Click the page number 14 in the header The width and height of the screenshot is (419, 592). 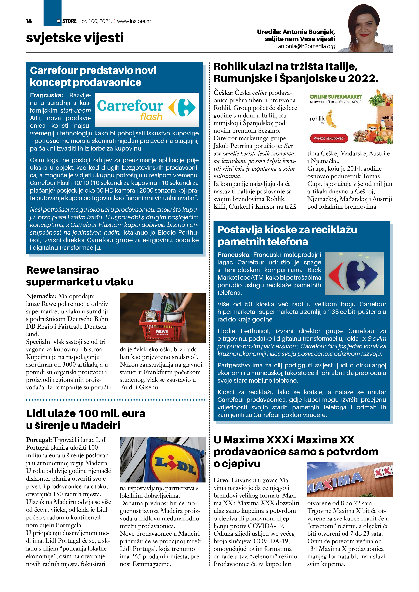pyautogui.click(x=29, y=21)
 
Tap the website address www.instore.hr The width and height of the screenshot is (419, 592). pyautogui.click(x=134, y=21)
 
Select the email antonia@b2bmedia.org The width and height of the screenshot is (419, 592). pyautogui.click(x=306, y=46)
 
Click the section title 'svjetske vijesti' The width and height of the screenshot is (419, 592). pyautogui.click(x=75, y=38)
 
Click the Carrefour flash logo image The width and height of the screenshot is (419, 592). pyautogui.click(x=147, y=110)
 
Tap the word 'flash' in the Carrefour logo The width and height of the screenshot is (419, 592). pyautogui.click(x=151, y=117)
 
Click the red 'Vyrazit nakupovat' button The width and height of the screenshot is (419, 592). pyautogui.click(x=329, y=138)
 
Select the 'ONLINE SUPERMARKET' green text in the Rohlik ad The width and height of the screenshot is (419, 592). pyautogui.click(x=336, y=97)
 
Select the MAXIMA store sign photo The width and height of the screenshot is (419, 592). pyautogui.click(x=350, y=480)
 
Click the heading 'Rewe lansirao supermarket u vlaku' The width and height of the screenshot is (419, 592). pyautogui.click(x=80, y=276)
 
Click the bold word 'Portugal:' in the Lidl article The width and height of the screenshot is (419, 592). pyautogui.click(x=39, y=440)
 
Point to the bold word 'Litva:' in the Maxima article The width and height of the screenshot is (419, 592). pyautogui.click(x=221, y=480)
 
